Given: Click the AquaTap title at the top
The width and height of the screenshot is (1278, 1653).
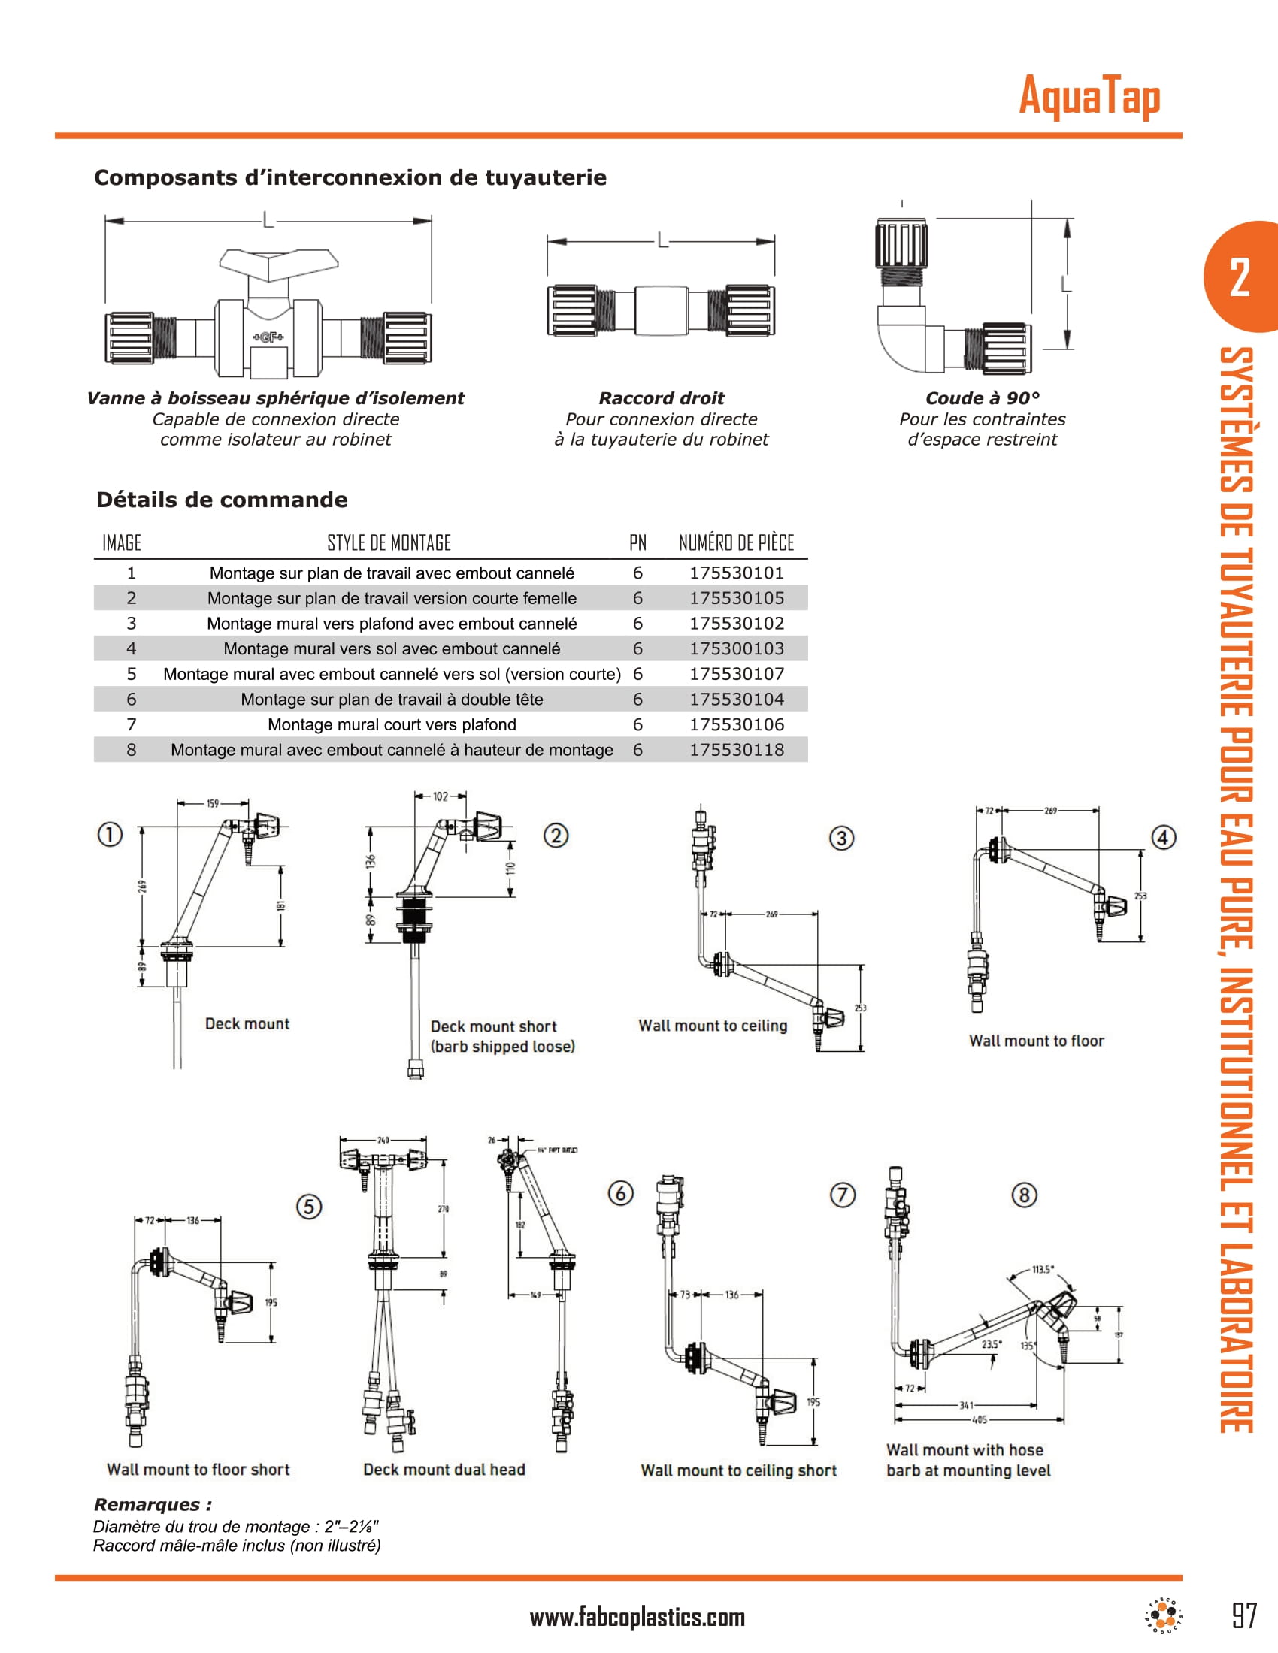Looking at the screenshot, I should tap(1089, 96).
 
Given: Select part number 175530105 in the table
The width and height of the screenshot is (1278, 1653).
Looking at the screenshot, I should tap(736, 598).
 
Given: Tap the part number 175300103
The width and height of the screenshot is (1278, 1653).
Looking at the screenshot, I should tap(736, 648).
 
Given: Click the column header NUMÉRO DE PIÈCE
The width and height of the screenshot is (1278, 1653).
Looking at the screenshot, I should tap(736, 542).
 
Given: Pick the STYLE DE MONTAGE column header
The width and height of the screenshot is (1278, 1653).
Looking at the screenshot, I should tap(389, 542).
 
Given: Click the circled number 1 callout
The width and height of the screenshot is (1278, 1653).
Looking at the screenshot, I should tap(110, 834).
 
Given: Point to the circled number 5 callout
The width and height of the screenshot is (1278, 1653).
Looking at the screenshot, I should tap(309, 1206).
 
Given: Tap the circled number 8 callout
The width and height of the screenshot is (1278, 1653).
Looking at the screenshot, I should tap(1024, 1195).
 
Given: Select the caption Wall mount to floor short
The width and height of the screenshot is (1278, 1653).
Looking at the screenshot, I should tap(198, 1469).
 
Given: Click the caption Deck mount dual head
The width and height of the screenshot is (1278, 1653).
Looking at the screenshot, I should tap(444, 1469).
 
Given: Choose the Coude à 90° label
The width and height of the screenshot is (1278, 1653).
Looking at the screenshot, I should tap(982, 398).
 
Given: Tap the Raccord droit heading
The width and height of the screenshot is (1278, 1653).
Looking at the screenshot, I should tap(661, 398).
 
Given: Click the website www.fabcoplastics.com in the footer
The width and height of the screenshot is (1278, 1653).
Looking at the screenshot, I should tap(637, 1618).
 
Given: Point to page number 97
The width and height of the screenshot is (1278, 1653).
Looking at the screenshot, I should tap(1244, 1616).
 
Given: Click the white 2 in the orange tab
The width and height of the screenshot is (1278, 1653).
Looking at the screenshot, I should tap(1240, 278).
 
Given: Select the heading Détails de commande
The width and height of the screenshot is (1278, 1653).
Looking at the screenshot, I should tap(222, 500).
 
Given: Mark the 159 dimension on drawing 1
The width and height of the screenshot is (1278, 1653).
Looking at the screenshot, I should tap(213, 803).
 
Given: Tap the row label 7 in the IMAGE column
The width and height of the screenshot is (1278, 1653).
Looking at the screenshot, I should tap(131, 724).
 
